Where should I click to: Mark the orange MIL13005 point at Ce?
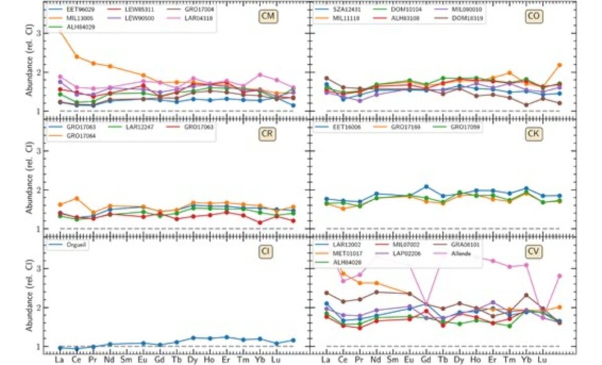click(x=76, y=56)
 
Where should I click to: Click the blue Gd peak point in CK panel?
click(x=426, y=186)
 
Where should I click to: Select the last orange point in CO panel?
click(x=559, y=65)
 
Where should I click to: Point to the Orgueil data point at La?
click(x=60, y=347)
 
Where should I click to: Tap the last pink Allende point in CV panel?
click(x=559, y=276)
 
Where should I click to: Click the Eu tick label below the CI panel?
click(x=142, y=359)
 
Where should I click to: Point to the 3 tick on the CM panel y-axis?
click(x=39, y=33)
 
